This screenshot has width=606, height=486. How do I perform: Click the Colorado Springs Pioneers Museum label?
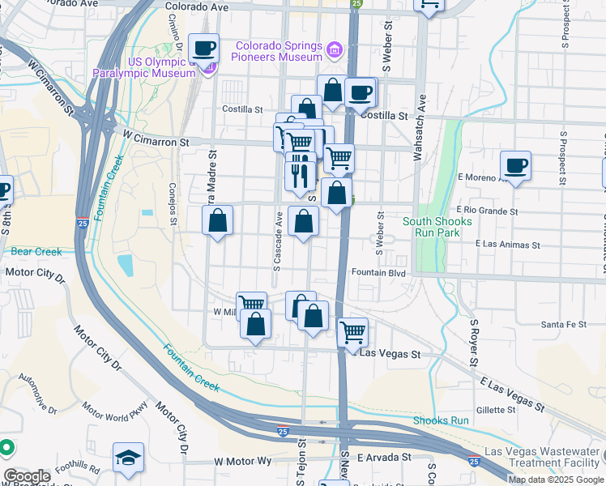(280, 51)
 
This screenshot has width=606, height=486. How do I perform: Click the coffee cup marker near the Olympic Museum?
(204, 48)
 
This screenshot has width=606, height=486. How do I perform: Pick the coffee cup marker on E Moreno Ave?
(515, 166)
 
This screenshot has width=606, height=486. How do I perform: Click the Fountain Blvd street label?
(378, 272)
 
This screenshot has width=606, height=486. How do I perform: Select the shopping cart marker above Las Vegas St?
(352, 331)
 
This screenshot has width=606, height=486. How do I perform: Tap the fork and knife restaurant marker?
(300, 174)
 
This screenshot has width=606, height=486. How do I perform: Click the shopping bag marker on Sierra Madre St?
(217, 220)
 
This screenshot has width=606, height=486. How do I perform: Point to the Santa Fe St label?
(564, 324)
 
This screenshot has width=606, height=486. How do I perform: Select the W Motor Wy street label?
(243, 461)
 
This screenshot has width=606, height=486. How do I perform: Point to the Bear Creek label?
(36, 251)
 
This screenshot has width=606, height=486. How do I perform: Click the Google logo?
(27, 476)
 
